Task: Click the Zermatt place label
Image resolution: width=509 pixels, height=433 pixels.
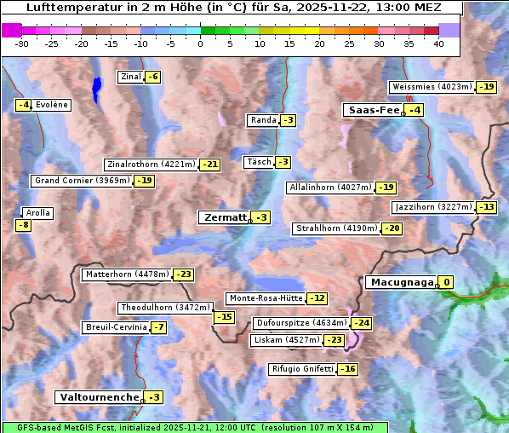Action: coord(224,217)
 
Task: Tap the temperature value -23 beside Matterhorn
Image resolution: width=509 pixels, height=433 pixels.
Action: coord(183,274)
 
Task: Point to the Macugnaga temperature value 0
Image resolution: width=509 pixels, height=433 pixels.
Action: coord(446,282)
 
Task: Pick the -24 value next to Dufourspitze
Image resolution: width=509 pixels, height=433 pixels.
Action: coord(362,323)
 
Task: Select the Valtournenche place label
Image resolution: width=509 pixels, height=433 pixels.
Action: coord(98,397)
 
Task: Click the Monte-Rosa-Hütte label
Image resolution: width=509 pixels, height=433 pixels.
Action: coord(266,298)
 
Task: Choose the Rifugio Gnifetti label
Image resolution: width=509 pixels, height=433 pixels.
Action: coord(302,369)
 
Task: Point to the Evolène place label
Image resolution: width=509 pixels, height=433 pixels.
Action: coord(51,105)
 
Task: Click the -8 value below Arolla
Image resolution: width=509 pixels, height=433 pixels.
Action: coord(23,225)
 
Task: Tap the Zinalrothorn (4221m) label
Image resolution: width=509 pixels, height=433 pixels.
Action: coord(151,165)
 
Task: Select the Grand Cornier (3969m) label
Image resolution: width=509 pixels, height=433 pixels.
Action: coord(82,181)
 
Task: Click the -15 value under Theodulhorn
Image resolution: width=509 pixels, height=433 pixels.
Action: coord(224,317)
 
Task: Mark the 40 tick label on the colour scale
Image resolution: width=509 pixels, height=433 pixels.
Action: coord(438,43)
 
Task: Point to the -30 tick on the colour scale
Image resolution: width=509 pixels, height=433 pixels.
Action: coord(22,43)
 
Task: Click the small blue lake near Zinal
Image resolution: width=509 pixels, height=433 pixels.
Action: coord(96,87)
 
